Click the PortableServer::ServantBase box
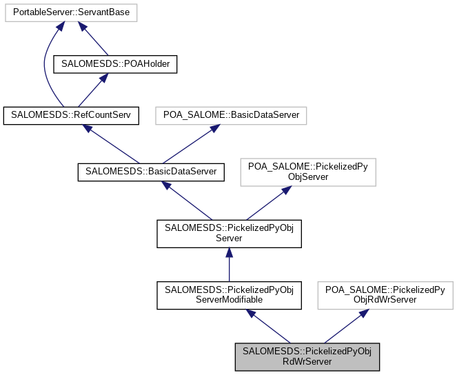click(70, 12)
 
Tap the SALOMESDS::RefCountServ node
click(71, 115)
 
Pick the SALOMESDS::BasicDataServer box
click(151, 171)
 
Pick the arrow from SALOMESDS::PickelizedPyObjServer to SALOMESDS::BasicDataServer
click(187, 201)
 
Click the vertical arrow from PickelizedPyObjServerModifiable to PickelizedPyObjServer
click(229, 264)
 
